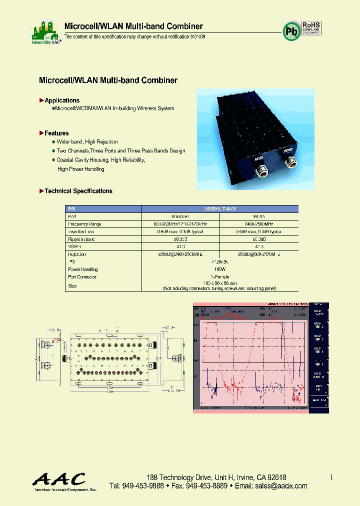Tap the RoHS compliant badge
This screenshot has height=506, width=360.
[311, 28]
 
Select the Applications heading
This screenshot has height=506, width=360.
[61, 100]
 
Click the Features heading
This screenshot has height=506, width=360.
[56, 133]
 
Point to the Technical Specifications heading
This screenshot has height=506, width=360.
[78, 191]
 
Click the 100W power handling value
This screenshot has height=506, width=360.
[220, 269]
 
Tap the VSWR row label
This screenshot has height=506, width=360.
[74, 246]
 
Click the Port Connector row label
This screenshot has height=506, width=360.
[82, 276]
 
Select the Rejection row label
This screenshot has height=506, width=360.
[77, 254]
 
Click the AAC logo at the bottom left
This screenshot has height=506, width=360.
[59, 480]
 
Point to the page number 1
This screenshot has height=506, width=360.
[331, 477]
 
